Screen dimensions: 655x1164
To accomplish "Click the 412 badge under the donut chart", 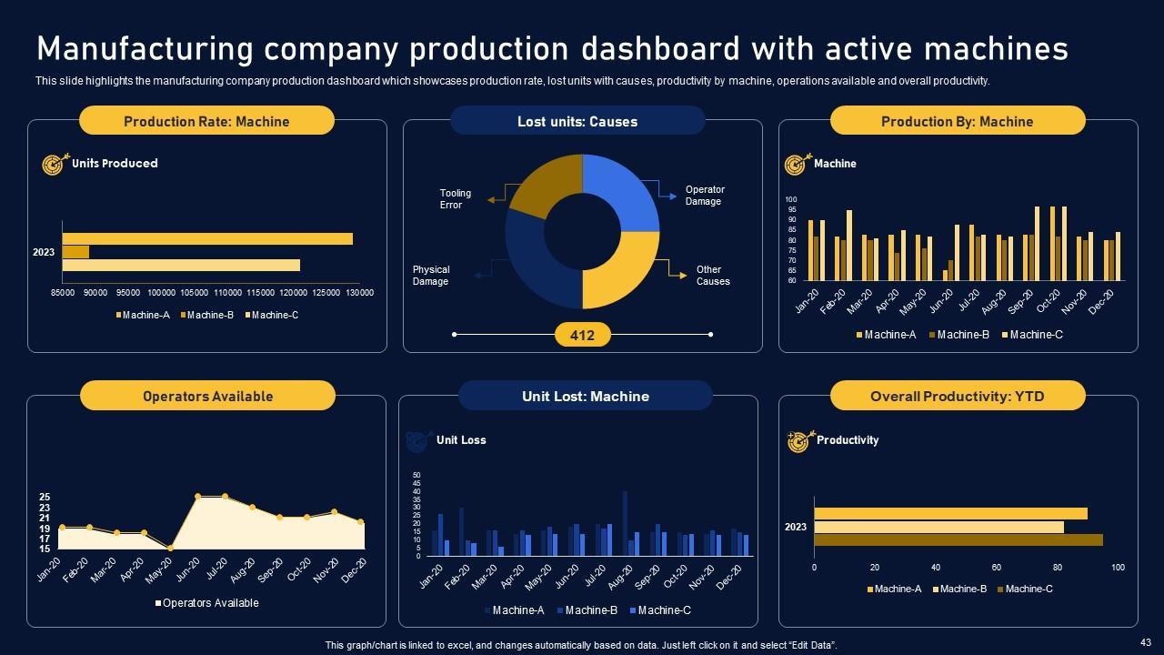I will [x=582, y=336].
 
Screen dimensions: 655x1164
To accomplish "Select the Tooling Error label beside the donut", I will [x=456, y=199].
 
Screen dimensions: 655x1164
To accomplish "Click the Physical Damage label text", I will [x=431, y=276].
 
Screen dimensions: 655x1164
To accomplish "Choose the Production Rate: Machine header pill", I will [x=206, y=121].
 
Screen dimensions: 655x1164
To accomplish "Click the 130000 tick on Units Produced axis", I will [x=360, y=293].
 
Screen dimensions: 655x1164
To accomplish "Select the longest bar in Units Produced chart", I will [x=207, y=238].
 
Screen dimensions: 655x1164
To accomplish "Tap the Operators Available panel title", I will [x=207, y=397].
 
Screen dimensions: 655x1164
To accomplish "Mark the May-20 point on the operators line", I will [x=170, y=549].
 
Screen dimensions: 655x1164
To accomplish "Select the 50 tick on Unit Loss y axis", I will [x=416, y=476].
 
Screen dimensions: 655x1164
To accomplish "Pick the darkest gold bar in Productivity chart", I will [x=958, y=540].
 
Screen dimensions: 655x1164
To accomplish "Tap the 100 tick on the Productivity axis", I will [x=1118, y=568].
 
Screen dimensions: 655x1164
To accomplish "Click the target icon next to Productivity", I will [x=798, y=441].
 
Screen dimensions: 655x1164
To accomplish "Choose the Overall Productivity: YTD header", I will [x=958, y=397].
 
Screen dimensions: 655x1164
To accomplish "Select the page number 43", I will [x=1144, y=642].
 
